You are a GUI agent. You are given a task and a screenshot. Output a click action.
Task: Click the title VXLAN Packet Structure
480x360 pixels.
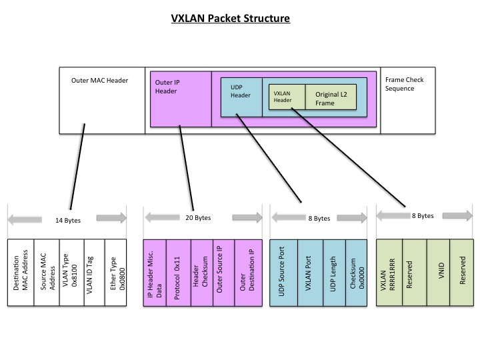click(231, 18)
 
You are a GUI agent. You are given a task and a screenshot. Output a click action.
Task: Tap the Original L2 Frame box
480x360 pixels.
click(331, 99)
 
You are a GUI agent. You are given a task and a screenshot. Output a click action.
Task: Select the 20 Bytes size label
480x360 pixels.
click(197, 218)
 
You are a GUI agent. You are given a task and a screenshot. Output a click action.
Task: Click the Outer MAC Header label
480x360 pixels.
click(99, 81)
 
